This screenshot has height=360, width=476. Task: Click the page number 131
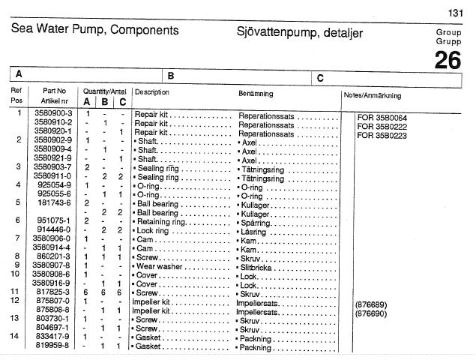[455, 13]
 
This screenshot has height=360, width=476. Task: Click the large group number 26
[448, 61]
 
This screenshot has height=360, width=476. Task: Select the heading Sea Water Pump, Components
[94, 31]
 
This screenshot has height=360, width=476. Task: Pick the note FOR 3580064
[382, 118]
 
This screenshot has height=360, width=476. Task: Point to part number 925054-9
[54, 185]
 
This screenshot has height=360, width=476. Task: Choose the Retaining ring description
[159, 221]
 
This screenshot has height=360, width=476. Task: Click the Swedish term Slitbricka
[255, 266]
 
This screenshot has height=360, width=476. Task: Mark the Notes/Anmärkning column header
[372, 96]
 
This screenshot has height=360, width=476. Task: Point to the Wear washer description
[158, 266]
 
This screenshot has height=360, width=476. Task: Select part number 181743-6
[54, 203]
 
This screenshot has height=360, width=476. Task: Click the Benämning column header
[256, 94]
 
